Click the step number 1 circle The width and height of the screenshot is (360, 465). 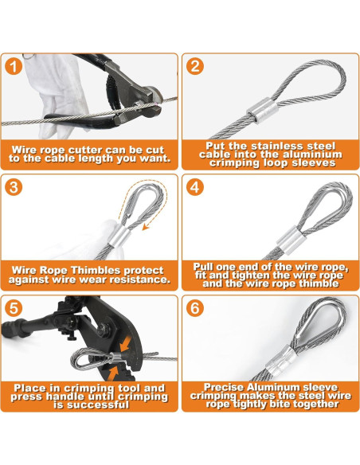point(14,66)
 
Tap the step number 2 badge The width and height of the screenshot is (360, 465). point(195,66)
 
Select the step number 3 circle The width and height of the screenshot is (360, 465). point(14,187)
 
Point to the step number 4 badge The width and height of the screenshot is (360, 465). point(195,187)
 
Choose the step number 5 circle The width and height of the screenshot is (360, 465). point(14,308)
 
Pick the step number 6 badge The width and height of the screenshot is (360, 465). point(195,308)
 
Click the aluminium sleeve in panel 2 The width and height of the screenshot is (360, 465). point(263,111)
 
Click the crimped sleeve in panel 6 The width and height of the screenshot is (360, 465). point(281,361)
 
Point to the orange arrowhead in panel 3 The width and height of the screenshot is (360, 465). point(146,227)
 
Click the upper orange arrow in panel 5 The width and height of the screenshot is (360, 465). point(126,342)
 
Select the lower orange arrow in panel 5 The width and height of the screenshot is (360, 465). point(112,373)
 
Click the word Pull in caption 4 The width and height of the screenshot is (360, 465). point(202,267)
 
